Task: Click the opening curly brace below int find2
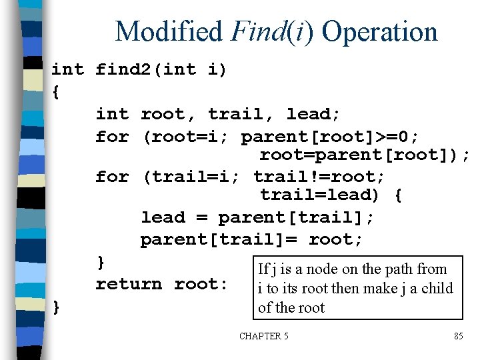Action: coord(55,92)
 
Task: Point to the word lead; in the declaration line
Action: coord(313,114)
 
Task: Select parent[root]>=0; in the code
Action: coord(331,137)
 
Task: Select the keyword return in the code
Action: coord(129,284)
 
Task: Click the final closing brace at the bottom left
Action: coord(56,306)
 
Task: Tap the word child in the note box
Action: coord(437,288)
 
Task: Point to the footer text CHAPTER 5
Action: coord(264,336)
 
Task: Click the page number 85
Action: coord(458,336)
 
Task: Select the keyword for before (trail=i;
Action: coord(112,177)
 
